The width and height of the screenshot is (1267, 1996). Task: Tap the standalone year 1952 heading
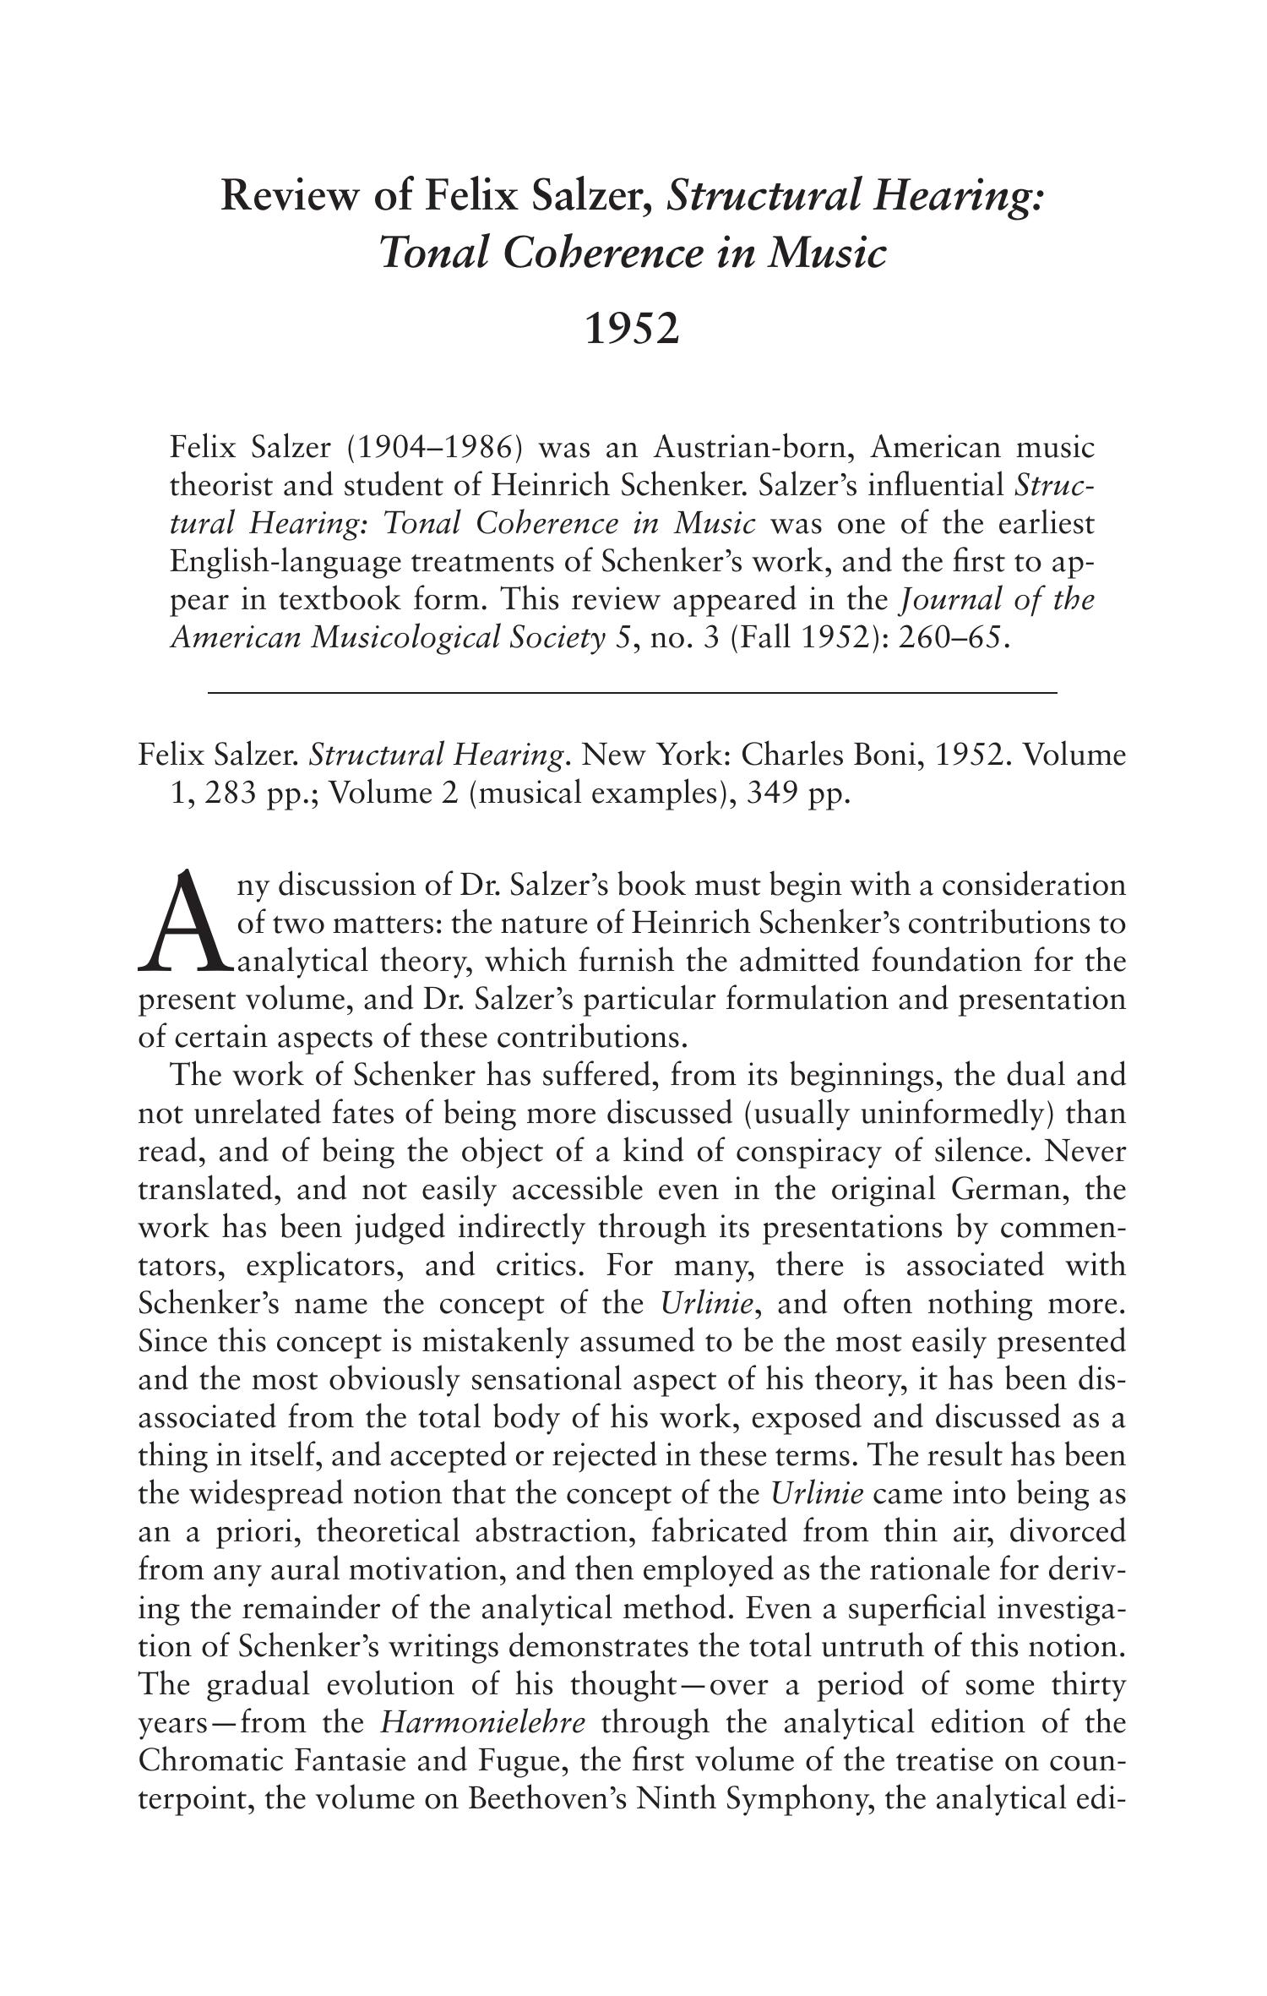tap(632, 330)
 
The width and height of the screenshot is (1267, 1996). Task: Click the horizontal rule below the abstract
tap(632, 693)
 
